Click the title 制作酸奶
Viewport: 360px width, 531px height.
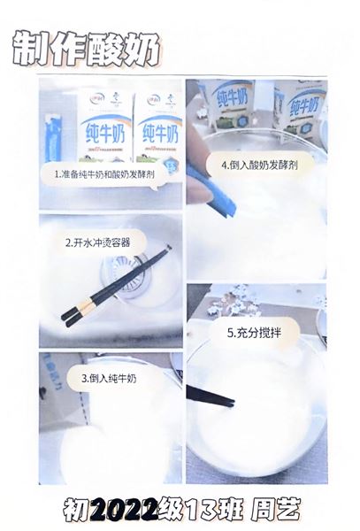[86, 50]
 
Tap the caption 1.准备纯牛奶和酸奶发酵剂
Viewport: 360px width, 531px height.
[103, 175]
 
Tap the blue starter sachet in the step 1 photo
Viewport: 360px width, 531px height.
[53, 137]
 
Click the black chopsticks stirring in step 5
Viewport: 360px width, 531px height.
[210, 396]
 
